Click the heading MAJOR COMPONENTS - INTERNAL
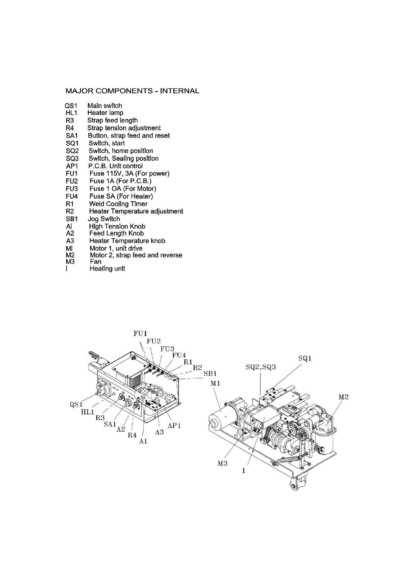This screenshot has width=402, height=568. tap(132, 91)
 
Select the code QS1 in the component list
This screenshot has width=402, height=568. tap(71, 106)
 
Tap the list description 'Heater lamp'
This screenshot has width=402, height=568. tap(105, 113)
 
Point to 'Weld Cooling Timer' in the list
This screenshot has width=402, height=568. tap(118, 204)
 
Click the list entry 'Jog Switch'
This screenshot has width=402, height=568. tap(104, 219)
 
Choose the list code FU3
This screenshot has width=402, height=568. tap(71, 189)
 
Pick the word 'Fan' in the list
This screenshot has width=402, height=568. tap(95, 262)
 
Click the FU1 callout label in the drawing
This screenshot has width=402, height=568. tap(140, 334)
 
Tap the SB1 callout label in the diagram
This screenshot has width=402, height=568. tap(210, 374)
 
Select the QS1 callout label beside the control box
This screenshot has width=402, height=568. tap(76, 404)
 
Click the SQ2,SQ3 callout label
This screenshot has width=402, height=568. tap(261, 367)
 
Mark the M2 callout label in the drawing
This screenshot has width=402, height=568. tap(343, 397)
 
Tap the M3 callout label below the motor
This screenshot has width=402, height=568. tap(222, 463)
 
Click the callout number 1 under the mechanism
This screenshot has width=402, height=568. tap(244, 471)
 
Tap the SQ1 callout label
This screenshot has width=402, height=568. tap(305, 359)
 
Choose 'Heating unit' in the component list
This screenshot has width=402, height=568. tap(107, 269)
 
